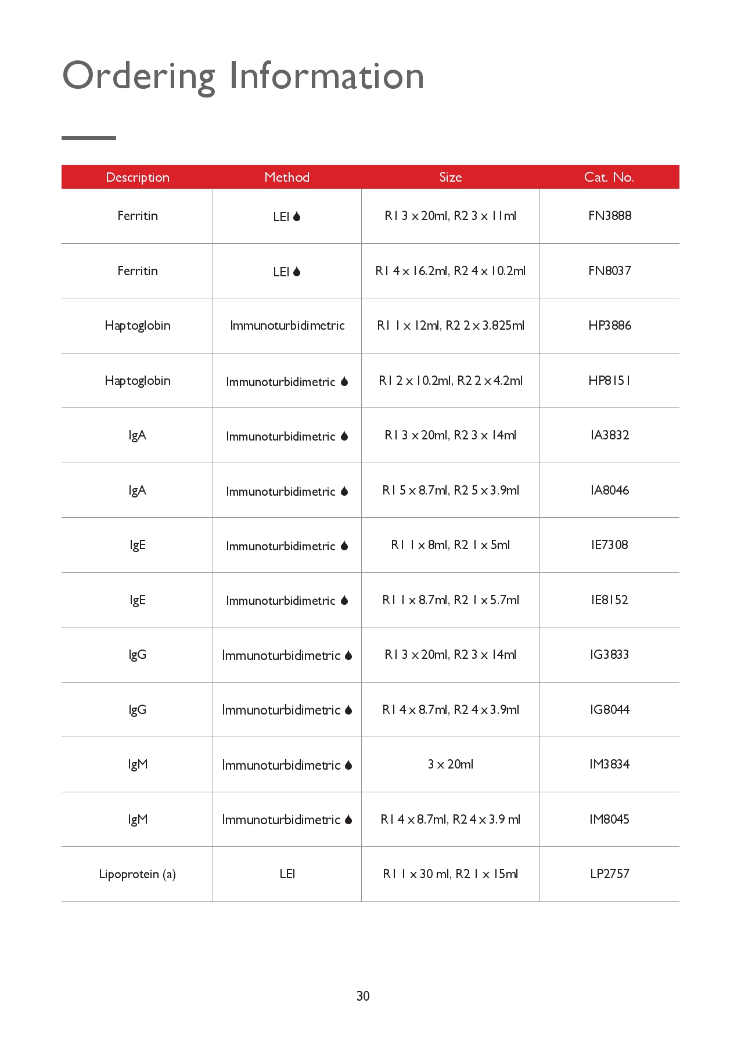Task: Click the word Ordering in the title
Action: click(138, 77)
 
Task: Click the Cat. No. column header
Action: click(609, 178)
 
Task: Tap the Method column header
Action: click(287, 178)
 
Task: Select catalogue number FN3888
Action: click(609, 216)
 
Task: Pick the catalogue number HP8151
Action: click(609, 381)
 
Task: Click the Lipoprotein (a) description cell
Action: click(137, 874)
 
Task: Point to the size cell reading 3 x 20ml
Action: click(450, 764)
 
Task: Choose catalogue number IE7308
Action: click(609, 545)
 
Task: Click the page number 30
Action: click(363, 996)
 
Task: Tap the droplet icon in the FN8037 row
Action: click(297, 272)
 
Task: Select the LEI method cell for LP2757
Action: click(287, 874)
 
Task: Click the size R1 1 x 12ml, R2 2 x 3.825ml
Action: click(450, 326)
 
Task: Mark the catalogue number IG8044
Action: click(609, 710)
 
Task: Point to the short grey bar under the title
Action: click(89, 138)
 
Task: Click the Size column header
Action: click(450, 178)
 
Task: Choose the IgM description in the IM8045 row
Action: click(138, 820)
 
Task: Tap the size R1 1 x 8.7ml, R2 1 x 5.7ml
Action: click(450, 600)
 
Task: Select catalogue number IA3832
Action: click(609, 435)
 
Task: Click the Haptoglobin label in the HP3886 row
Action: click(138, 326)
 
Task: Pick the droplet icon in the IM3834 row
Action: click(348, 765)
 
